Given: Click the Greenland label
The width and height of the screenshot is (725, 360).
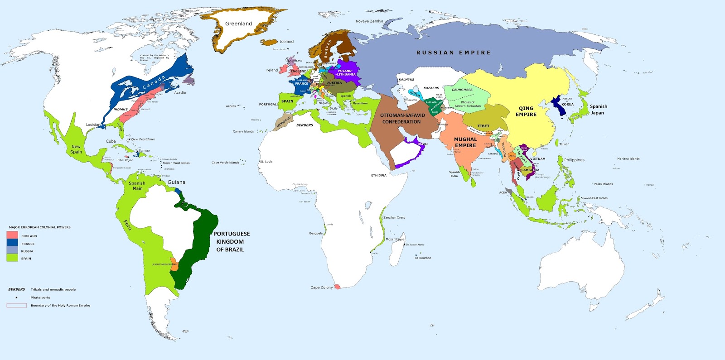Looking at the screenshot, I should [x=238, y=24].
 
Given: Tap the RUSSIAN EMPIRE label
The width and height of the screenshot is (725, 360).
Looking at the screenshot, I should [x=453, y=53].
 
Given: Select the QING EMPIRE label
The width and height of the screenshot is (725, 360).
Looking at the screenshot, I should [x=526, y=111].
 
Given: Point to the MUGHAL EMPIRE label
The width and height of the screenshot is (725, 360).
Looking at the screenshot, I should [x=465, y=142].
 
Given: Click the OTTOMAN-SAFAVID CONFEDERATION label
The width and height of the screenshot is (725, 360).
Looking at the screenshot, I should [x=402, y=119].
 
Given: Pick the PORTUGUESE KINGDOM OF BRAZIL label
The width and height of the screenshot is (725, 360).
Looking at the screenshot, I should [x=232, y=241].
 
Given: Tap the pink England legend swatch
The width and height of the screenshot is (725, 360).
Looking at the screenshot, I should [x=12, y=235].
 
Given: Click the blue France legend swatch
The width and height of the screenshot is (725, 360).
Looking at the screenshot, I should [x=12, y=243].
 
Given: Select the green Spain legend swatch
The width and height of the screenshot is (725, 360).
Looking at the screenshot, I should [x=12, y=258].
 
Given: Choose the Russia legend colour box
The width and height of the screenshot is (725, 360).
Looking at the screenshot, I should [x=12, y=250].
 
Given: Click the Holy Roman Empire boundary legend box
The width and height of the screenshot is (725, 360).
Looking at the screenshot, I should [x=16, y=306].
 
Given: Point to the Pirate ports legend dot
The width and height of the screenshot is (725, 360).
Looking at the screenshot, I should [x=16, y=298].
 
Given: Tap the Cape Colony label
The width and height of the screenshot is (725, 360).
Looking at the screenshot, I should [x=321, y=288].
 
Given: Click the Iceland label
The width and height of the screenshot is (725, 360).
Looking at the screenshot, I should [x=286, y=42].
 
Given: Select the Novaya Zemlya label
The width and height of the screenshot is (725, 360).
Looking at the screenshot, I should [x=369, y=21].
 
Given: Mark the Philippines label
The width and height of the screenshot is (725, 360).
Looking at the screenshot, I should [x=574, y=160].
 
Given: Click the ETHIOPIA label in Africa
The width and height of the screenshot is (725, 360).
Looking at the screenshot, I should [x=379, y=175].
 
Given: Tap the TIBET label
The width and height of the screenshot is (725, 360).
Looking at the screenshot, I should [x=483, y=126].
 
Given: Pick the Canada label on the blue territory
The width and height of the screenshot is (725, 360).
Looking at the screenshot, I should [x=154, y=82].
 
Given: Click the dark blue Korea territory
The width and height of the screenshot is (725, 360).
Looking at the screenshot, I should [x=556, y=107].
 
